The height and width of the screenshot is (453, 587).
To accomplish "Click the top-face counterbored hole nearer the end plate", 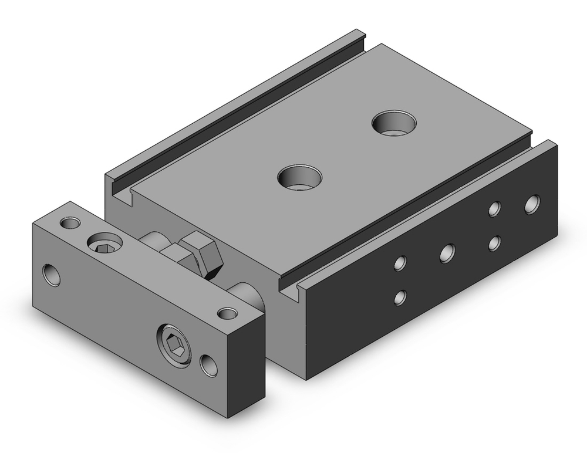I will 301,177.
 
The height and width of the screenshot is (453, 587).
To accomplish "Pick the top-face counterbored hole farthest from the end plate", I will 394,122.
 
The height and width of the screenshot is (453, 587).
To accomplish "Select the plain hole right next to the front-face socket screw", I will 208,364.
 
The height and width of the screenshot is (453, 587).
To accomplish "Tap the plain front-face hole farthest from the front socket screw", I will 52,275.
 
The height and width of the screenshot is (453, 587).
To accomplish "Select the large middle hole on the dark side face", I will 447,253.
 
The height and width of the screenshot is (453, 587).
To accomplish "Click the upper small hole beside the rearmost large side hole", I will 495,209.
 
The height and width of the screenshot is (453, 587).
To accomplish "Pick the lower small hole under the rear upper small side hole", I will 495,243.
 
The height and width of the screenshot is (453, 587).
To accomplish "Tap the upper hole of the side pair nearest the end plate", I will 400,263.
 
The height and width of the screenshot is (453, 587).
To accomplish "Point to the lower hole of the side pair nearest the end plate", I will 400,297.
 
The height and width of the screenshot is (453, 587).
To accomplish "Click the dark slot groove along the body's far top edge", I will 235,115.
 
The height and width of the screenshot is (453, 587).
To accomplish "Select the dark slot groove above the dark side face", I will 411,211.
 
